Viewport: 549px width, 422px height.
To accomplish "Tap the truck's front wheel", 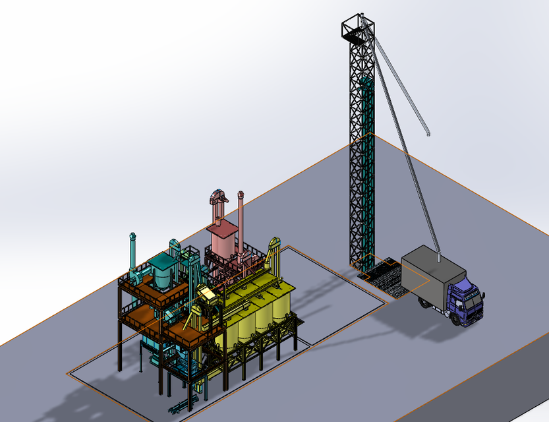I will (x=456, y=319).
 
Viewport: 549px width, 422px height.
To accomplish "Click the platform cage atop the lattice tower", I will (x=358, y=29).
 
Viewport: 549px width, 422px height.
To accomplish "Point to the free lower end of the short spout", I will (x=428, y=134).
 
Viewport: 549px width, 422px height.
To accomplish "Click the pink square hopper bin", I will (x=222, y=241).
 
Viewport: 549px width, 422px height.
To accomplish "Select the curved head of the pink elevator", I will (x=217, y=196).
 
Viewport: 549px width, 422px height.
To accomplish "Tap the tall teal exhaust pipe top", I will (x=133, y=236).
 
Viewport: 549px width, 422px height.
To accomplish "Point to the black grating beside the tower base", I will (x=382, y=277).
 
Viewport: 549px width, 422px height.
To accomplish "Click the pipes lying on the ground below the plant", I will (x=178, y=406).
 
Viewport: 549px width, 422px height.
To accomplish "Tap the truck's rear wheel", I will (x=423, y=303).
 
